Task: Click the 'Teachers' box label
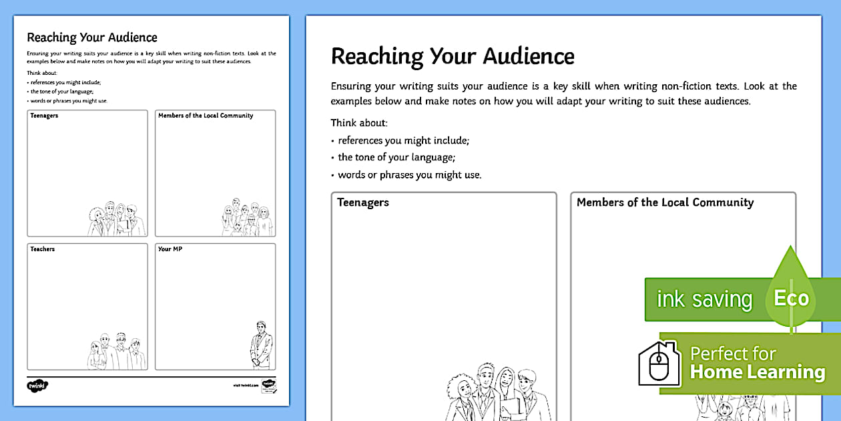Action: point(42,249)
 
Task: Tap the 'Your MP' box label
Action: point(170,249)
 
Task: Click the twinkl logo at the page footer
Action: point(38,386)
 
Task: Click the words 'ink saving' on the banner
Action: point(704,299)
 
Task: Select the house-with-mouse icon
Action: point(659,364)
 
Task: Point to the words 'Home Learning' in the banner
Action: point(758,372)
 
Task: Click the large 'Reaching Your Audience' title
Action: point(453,56)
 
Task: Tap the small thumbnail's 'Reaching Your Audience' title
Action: point(92,37)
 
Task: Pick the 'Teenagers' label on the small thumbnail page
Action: point(44,116)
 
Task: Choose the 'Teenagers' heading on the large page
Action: point(363,202)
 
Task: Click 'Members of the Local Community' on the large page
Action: point(665,202)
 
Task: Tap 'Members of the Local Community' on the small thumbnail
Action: point(206,116)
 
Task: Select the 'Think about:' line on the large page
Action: point(359,123)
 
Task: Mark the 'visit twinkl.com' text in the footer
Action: point(246,386)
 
